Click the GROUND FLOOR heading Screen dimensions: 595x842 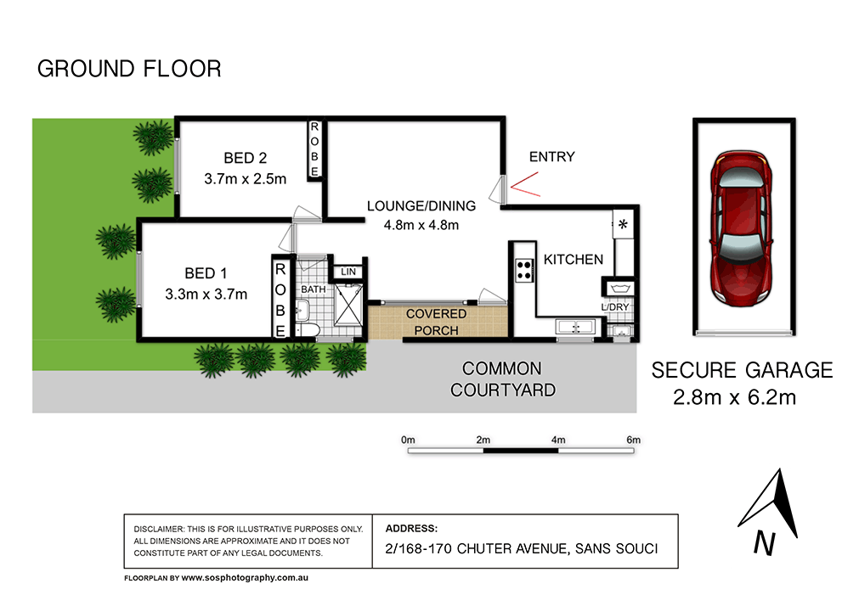pos(129,69)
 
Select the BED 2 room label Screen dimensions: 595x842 pos(246,158)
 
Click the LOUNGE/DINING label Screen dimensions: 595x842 pos(421,205)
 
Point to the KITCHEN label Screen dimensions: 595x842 pos(574,260)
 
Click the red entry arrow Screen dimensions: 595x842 pos(524,184)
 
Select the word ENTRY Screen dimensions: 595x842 pos(551,157)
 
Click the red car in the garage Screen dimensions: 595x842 pos(743,227)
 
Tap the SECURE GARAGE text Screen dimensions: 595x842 pos(742,370)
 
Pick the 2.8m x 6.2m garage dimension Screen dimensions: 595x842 pos(734,396)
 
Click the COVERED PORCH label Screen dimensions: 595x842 pos(436,323)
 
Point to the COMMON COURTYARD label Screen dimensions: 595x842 pos(501,379)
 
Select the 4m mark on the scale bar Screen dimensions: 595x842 pos(558,440)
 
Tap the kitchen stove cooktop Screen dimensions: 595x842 pos(524,270)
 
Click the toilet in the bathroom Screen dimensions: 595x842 pos(308,329)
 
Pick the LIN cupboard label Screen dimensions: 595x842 pos(348,272)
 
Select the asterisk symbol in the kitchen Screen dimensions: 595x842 pos(623,225)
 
